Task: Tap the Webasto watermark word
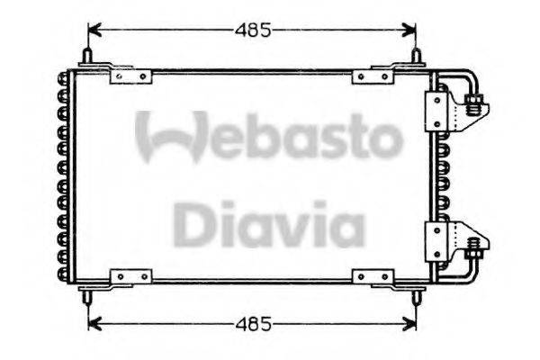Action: click(268, 137)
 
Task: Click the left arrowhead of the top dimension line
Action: click(92, 31)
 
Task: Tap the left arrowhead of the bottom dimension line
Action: click(92, 322)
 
